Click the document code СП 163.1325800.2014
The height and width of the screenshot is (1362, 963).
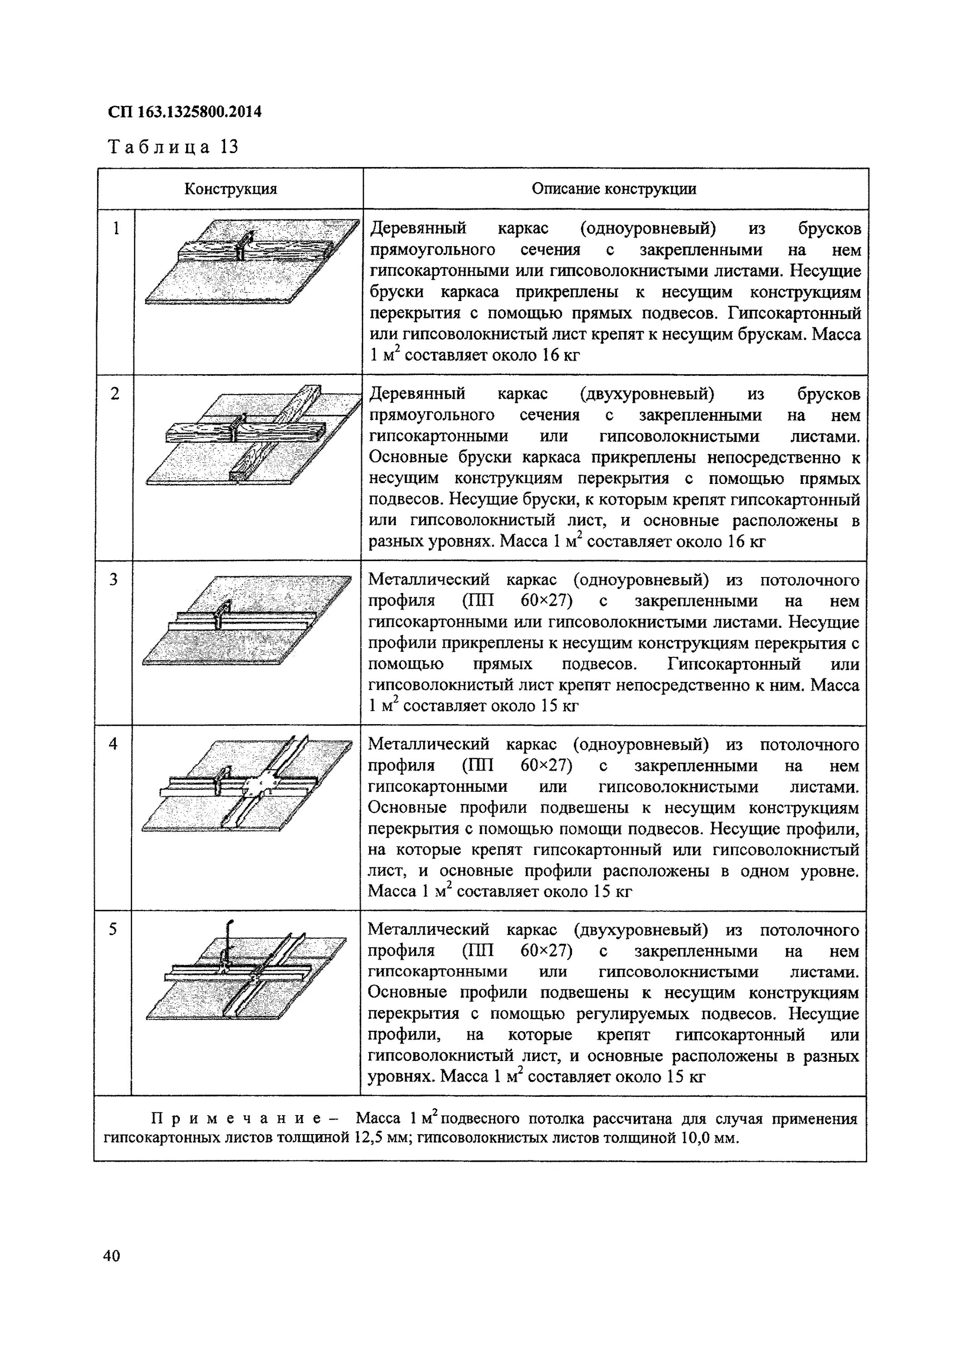tap(184, 112)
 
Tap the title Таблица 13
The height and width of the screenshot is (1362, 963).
tap(173, 147)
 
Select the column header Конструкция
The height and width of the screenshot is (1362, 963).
tap(230, 189)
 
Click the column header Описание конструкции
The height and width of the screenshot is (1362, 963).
tap(614, 189)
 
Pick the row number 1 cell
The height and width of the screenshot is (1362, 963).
tap(116, 228)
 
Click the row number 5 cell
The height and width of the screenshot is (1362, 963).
tap(113, 929)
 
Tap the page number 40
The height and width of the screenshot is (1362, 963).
tap(112, 1255)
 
